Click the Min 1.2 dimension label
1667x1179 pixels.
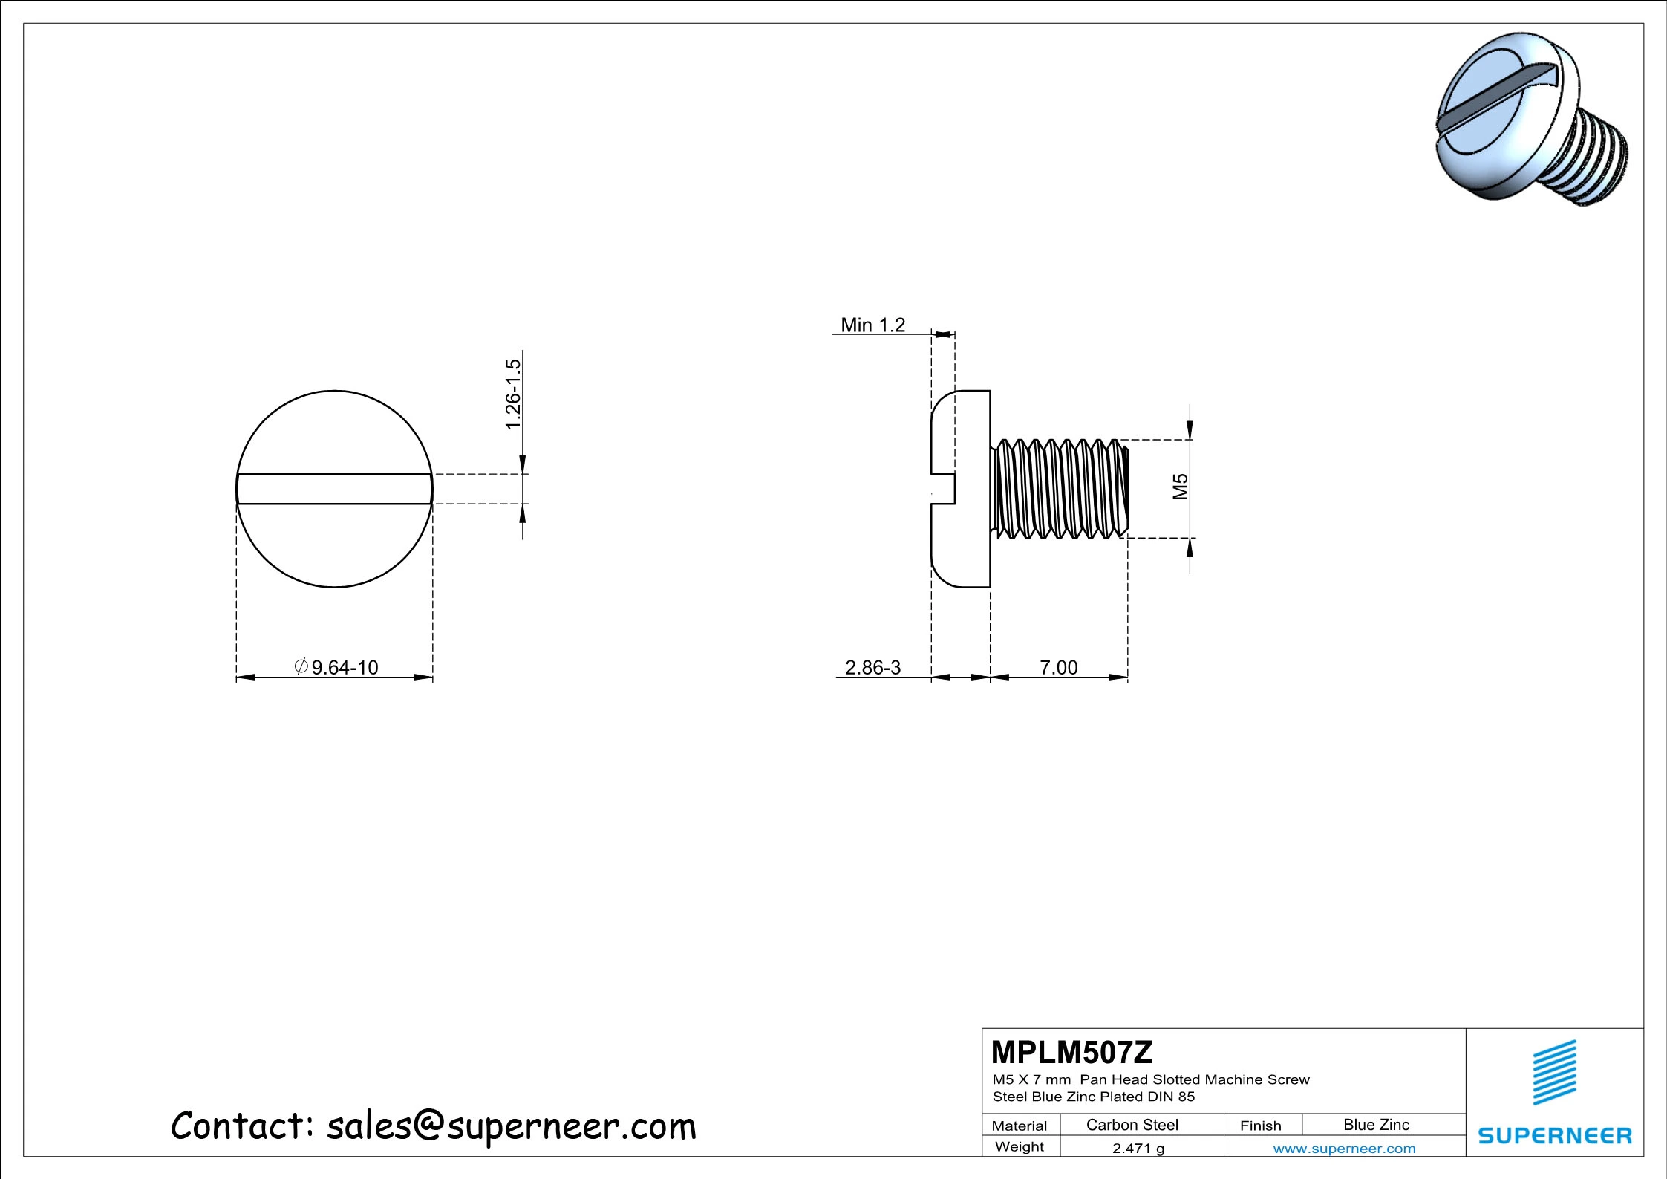coord(872,325)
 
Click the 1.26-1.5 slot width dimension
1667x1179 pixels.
coord(513,394)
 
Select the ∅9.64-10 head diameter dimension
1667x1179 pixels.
coord(338,667)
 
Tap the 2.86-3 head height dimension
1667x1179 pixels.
coord(872,667)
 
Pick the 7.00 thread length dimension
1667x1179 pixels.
coord(1058,667)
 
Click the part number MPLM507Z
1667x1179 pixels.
coord(1071,1052)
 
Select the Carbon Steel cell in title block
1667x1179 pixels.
coord(1132,1125)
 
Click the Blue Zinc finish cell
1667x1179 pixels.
coord(1376,1125)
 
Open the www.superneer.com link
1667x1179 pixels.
coord(1344,1149)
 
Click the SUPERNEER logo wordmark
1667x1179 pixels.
coord(1555,1135)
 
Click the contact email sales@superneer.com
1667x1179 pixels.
coord(511,1126)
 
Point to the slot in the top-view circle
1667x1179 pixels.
coord(334,489)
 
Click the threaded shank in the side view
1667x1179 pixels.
coord(1060,488)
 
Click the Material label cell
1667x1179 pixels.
coord(1019,1126)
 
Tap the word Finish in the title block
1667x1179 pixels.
coord(1260,1126)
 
